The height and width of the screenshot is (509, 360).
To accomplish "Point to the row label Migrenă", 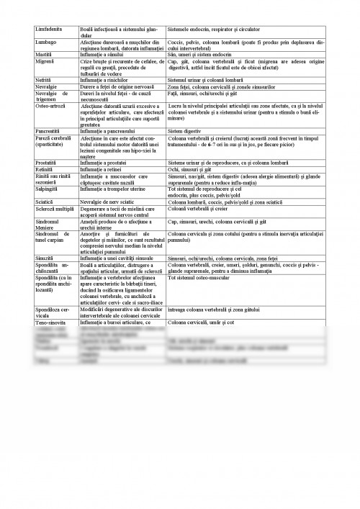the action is click(x=45, y=61).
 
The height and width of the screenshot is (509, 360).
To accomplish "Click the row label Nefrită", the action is click(x=44, y=79).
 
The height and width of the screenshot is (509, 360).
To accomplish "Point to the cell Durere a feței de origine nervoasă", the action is click(x=118, y=86).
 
